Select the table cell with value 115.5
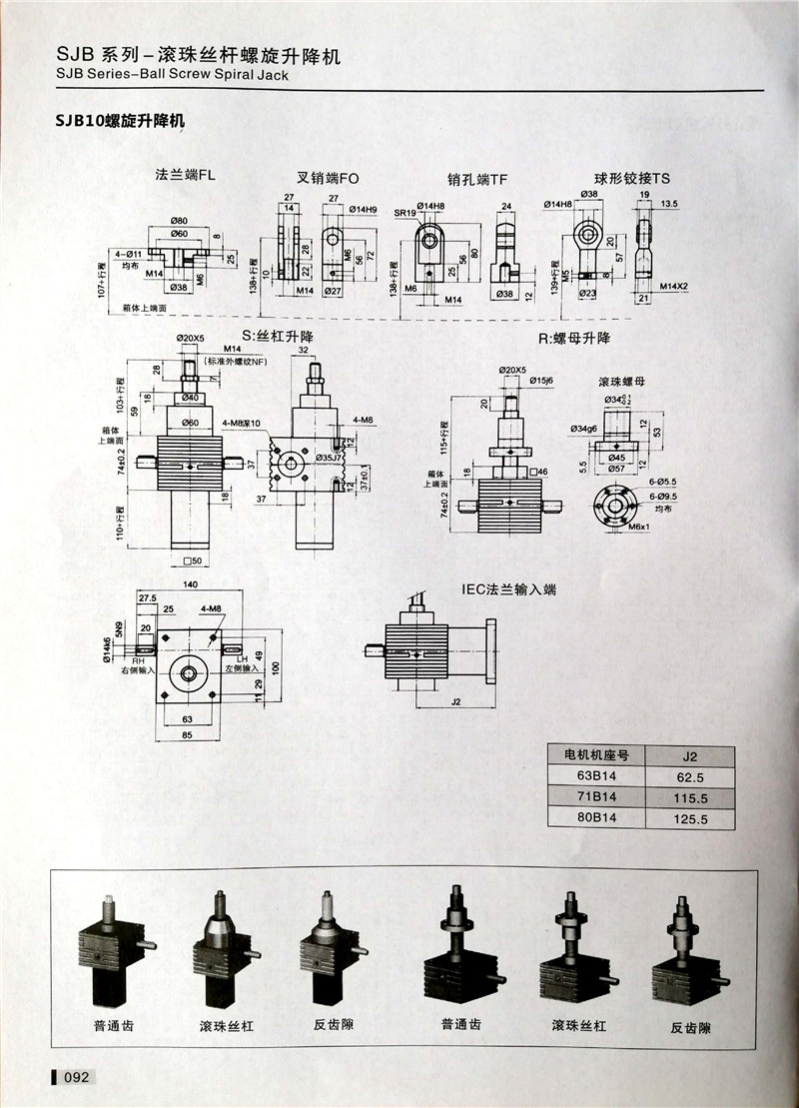coord(689,798)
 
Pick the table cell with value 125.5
coord(689,819)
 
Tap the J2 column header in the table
coord(689,754)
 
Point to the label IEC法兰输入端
coord(508,589)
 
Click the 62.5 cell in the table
coord(689,775)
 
